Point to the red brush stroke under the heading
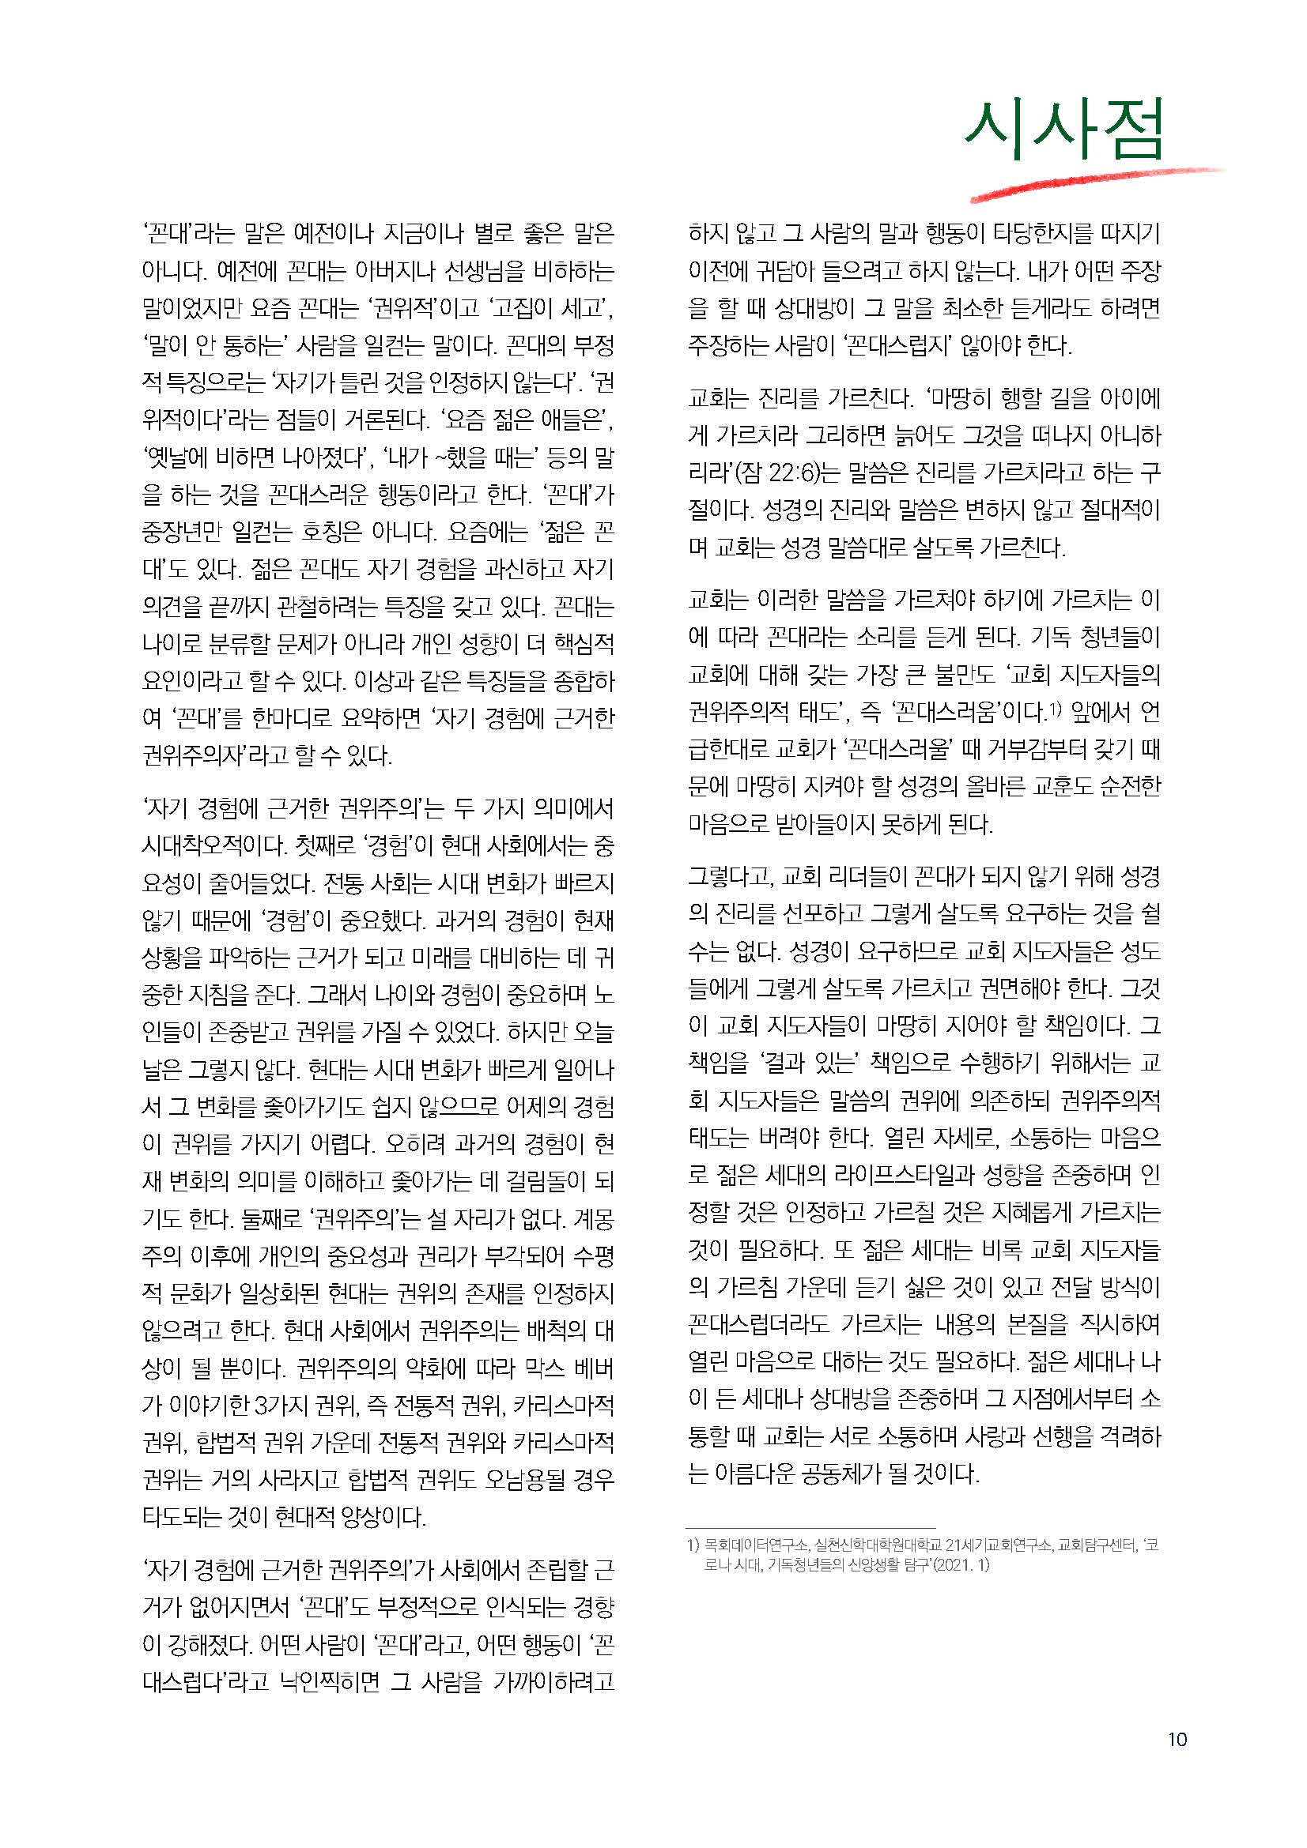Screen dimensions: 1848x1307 point(1095,183)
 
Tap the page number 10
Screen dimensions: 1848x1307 point(1177,1738)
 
